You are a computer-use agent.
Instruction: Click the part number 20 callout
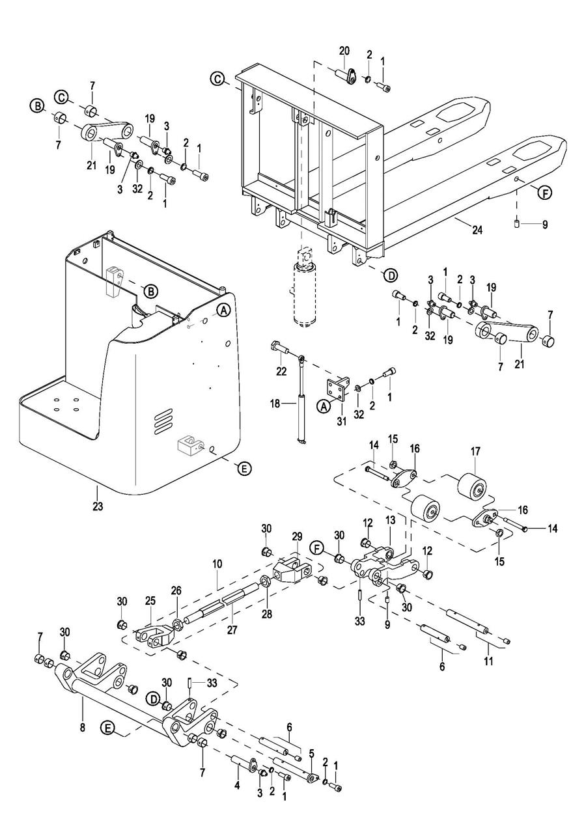pyautogui.click(x=344, y=51)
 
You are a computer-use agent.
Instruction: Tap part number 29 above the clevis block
pyautogui.click(x=297, y=536)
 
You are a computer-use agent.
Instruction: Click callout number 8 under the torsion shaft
pyautogui.click(x=83, y=727)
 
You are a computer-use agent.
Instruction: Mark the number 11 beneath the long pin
pyautogui.click(x=488, y=661)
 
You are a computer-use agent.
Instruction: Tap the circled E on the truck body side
pyautogui.click(x=244, y=468)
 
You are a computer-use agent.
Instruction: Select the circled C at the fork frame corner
pyautogui.click(x=218, y=79)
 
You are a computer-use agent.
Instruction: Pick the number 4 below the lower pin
pyautogui.click(x=237, y=786)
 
